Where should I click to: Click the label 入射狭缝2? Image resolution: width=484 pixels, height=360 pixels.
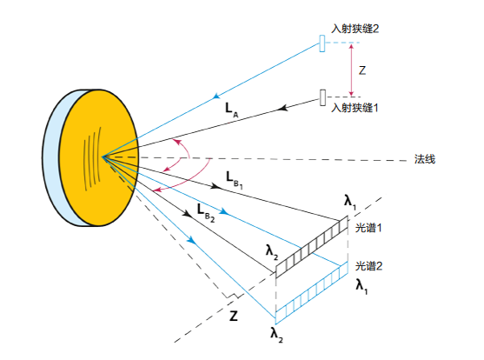point(355,29)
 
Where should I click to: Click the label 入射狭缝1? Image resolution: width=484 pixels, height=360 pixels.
point(355,108)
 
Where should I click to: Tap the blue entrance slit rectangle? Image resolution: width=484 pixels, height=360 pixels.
point(322,43)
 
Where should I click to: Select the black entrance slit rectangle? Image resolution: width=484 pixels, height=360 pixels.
point(322,97)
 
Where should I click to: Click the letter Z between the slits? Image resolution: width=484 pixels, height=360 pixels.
point(362,70)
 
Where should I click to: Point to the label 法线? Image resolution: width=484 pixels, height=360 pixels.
point(425,159)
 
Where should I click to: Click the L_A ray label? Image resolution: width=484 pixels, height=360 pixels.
point(232,110)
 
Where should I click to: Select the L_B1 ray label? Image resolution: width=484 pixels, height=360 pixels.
point(235,180)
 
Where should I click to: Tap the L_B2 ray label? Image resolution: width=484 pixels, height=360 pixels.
point(206,213)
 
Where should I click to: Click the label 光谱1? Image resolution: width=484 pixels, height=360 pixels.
point(368,228)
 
